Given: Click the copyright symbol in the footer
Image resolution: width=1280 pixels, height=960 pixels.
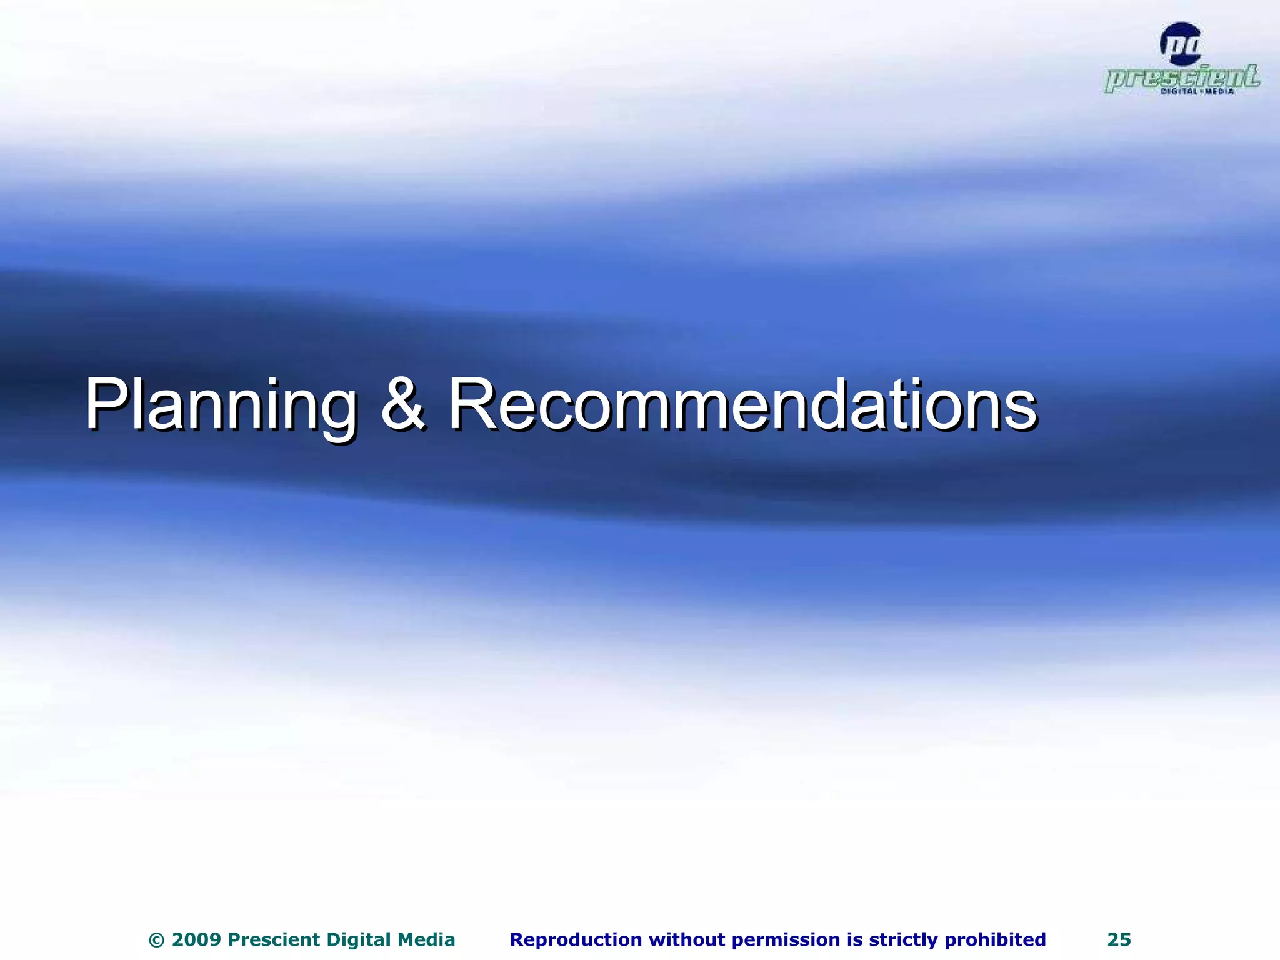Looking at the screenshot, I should click(x=157, y=940).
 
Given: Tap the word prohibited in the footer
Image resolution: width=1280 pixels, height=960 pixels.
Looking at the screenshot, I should click(x=996, y=940).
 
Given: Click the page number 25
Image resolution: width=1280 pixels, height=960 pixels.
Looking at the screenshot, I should click(x=1119, y=940).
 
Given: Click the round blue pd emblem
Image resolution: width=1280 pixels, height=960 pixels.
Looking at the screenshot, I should click(x=1180, y=44).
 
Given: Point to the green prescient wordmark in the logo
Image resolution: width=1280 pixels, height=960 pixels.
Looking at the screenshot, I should click(x=1181, y=77).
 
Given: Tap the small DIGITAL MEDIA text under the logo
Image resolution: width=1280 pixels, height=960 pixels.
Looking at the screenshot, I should click(x=1197, y=92).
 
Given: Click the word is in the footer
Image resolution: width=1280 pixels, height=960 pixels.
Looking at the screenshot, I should click(x=854, y=940).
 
